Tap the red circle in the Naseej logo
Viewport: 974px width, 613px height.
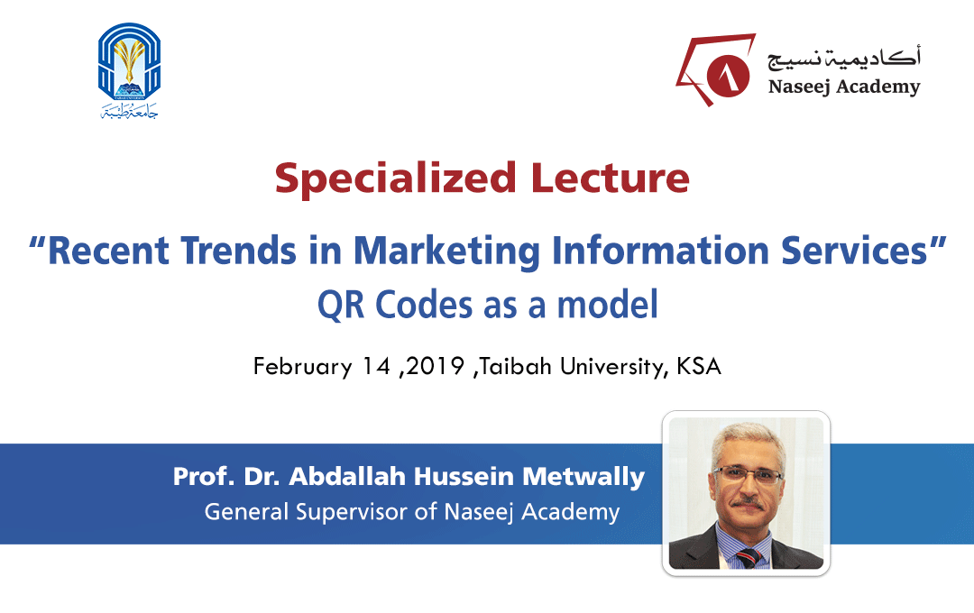coord(728,76)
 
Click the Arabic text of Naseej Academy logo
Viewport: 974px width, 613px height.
coord(843,58)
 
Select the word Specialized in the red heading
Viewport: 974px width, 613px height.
coord(396,179)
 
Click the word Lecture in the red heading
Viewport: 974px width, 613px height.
coord(610,178)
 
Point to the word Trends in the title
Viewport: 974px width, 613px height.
coord(238,251)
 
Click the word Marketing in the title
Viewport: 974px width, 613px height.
coord(447,252)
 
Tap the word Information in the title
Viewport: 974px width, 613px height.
coord(660,251)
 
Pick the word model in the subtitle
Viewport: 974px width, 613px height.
coord(607,305)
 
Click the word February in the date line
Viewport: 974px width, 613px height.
coord(302,366)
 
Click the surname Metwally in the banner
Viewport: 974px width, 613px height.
coord(583,478)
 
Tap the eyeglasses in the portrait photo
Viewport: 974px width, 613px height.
coord(748,475)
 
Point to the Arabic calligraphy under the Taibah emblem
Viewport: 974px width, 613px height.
coord(129,111)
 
